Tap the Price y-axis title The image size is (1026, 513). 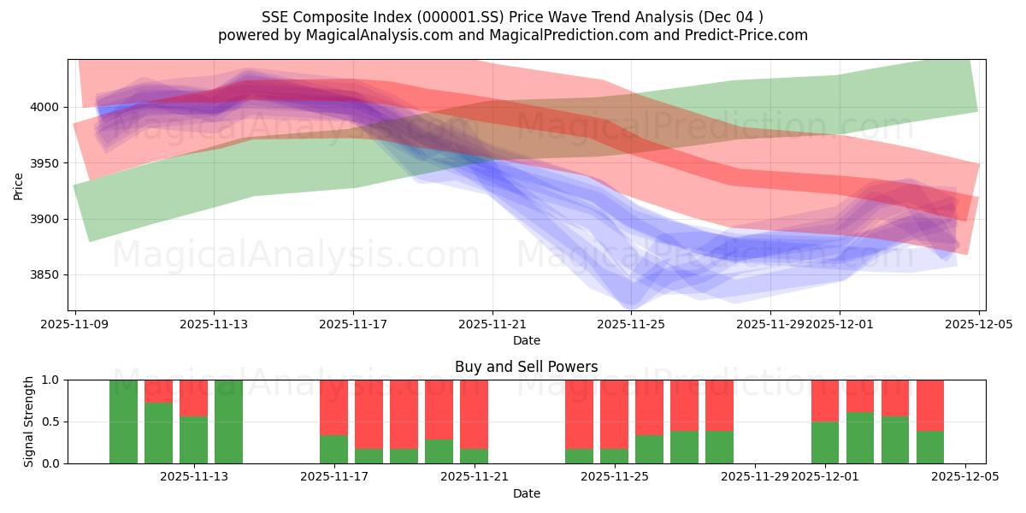pos(19,186)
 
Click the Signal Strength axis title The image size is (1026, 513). pos(29,422)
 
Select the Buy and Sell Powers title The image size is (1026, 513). pos(527,367)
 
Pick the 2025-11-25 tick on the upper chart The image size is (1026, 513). pos(631,324)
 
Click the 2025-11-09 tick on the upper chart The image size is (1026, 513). pos(76,324)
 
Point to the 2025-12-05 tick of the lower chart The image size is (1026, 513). pos(965,476)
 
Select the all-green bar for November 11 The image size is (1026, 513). pos(123,422)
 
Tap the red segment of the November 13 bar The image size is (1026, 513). pos(193,398)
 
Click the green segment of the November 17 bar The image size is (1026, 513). pos(333,449)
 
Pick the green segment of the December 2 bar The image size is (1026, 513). pos(860,438)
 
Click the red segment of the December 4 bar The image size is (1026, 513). pos(930,405)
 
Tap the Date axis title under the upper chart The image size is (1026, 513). pos(527,340)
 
